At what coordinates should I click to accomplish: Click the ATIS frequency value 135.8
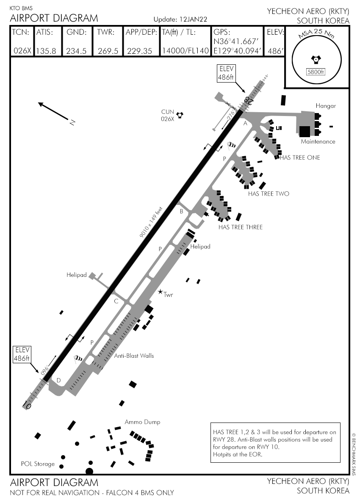pyautogui.click(x=47, y=51)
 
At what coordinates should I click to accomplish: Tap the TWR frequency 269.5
pyautogui.click(x=108, y=51)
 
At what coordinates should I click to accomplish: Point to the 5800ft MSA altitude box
pyautogui.click(x=315, y=72)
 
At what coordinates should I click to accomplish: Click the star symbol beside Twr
pyautogui.click(x=160, y=292)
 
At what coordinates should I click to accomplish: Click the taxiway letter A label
pyautogui.click(x=245, y=124)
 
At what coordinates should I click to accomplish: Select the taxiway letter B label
pyautogui.click(x=181, y=211)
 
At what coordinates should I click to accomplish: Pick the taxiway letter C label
pyautogui.click(x=116, y=301)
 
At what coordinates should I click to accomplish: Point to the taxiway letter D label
pyautogui.click(x=58, y=380)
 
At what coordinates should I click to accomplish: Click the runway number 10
pyautogui.click(x=28, y=406)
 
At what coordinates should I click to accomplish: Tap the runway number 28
pyautogui.click(x=248, y=101)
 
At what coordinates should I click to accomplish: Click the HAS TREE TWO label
pyautogui.click(x=269, y=194)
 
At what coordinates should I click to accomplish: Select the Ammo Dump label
pyautogui.click(x=142, y=422)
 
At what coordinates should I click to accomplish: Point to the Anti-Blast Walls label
pyautogui.click(x=134, y=356)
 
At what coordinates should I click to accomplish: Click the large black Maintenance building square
pyautogui.click(x=305, y=132)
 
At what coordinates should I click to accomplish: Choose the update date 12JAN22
pyautogui.click(x=193, y=19)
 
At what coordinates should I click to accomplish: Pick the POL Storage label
pyautogui.click(x=38, y=464)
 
